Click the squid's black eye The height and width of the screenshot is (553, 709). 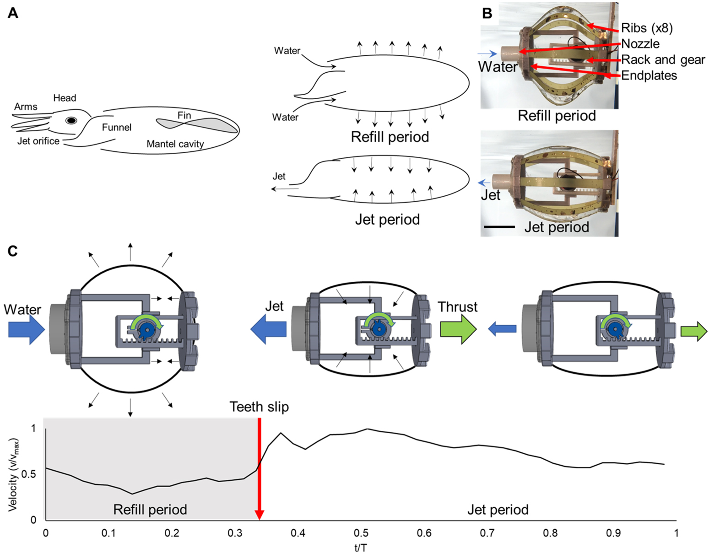pos(71,120)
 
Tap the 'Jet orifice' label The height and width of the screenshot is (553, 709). pos(38,141)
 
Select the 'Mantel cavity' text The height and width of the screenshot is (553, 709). pos(175,144)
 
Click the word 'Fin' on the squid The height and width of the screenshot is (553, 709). pos(184,115)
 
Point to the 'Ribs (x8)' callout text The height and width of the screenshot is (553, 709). pos(647,28)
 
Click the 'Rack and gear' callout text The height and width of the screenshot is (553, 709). pos(663,60)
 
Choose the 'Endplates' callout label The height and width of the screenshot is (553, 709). pos(649,75)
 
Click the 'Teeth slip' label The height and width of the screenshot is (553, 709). pos(259,407)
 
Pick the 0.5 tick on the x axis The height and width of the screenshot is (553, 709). pos(361,533)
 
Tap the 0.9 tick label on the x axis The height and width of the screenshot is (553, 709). pos(613,533)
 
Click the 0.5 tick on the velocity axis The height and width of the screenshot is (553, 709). pos(30,474)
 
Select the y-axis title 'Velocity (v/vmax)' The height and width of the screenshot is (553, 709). pos(14,474)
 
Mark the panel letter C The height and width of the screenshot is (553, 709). pos(12,251)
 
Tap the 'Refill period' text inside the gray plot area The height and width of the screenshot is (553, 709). pos(150,510)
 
